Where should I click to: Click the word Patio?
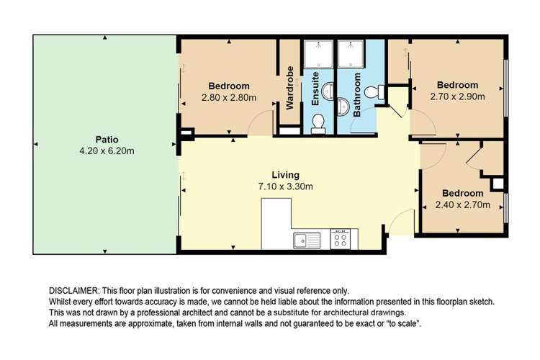point(106,139)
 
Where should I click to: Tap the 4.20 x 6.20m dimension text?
point(106,150)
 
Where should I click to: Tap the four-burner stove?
point(341,239)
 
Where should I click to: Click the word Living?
point(285,175)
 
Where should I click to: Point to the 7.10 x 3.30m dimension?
point(285,186)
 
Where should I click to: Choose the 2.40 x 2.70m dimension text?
point(463,204)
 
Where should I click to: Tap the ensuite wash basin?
point(328,92)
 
